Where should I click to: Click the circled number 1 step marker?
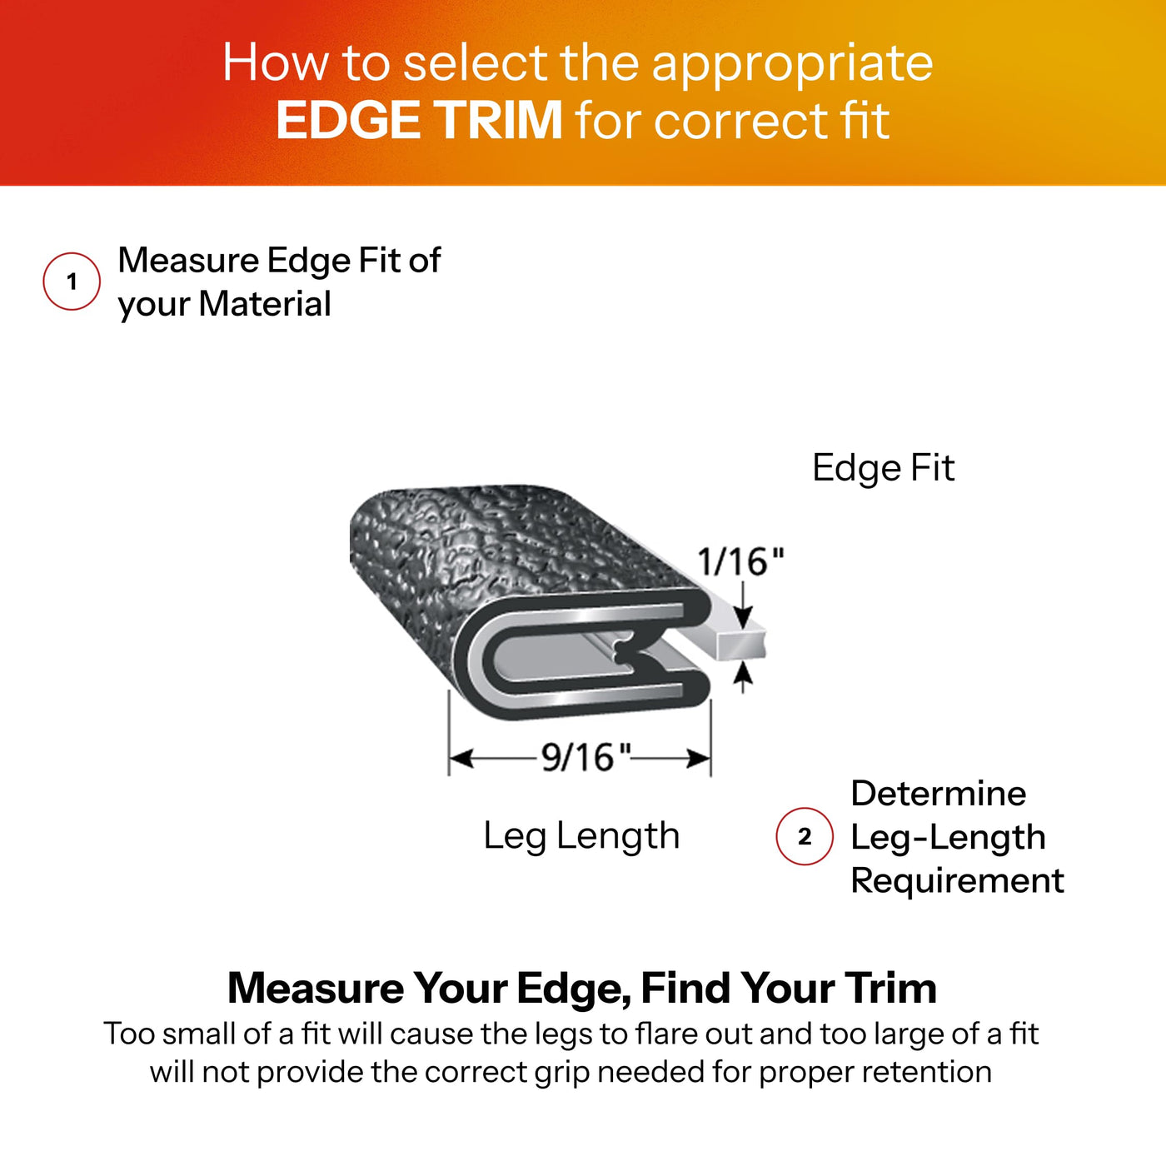tap(72, 282)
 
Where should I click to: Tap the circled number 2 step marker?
tap(805, 836)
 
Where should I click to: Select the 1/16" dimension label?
tap(740, 561)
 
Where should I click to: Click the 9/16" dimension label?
tap(585, 757)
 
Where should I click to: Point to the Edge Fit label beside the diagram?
tap(883, 468)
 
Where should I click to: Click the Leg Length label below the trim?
tap(581, 836)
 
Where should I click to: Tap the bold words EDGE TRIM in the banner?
tap(419, 120)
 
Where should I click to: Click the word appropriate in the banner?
tap(792, 64)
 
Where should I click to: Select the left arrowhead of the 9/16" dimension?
tap(461, 758)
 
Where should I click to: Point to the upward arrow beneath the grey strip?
tap(742, 677)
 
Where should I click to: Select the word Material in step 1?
tap(264, 304)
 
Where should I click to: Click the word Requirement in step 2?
tap(957, 880)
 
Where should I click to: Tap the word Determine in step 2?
tap(939, 793)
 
